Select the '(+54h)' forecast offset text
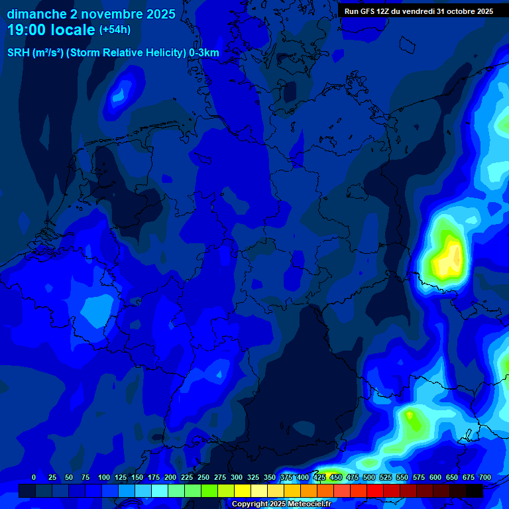coord(115,30)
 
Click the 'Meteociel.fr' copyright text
coord(302,504)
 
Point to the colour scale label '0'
coord(34,477)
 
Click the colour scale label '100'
coord(104,477)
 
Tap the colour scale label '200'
coord(170,477)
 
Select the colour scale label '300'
coord(237,477)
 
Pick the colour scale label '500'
coord(369,477)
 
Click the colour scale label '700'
coord(485,477)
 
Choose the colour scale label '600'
coord(435,477)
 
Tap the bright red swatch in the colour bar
coord(375,490)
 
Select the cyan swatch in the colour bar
coord(160,490)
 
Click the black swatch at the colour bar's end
coord(475,490)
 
